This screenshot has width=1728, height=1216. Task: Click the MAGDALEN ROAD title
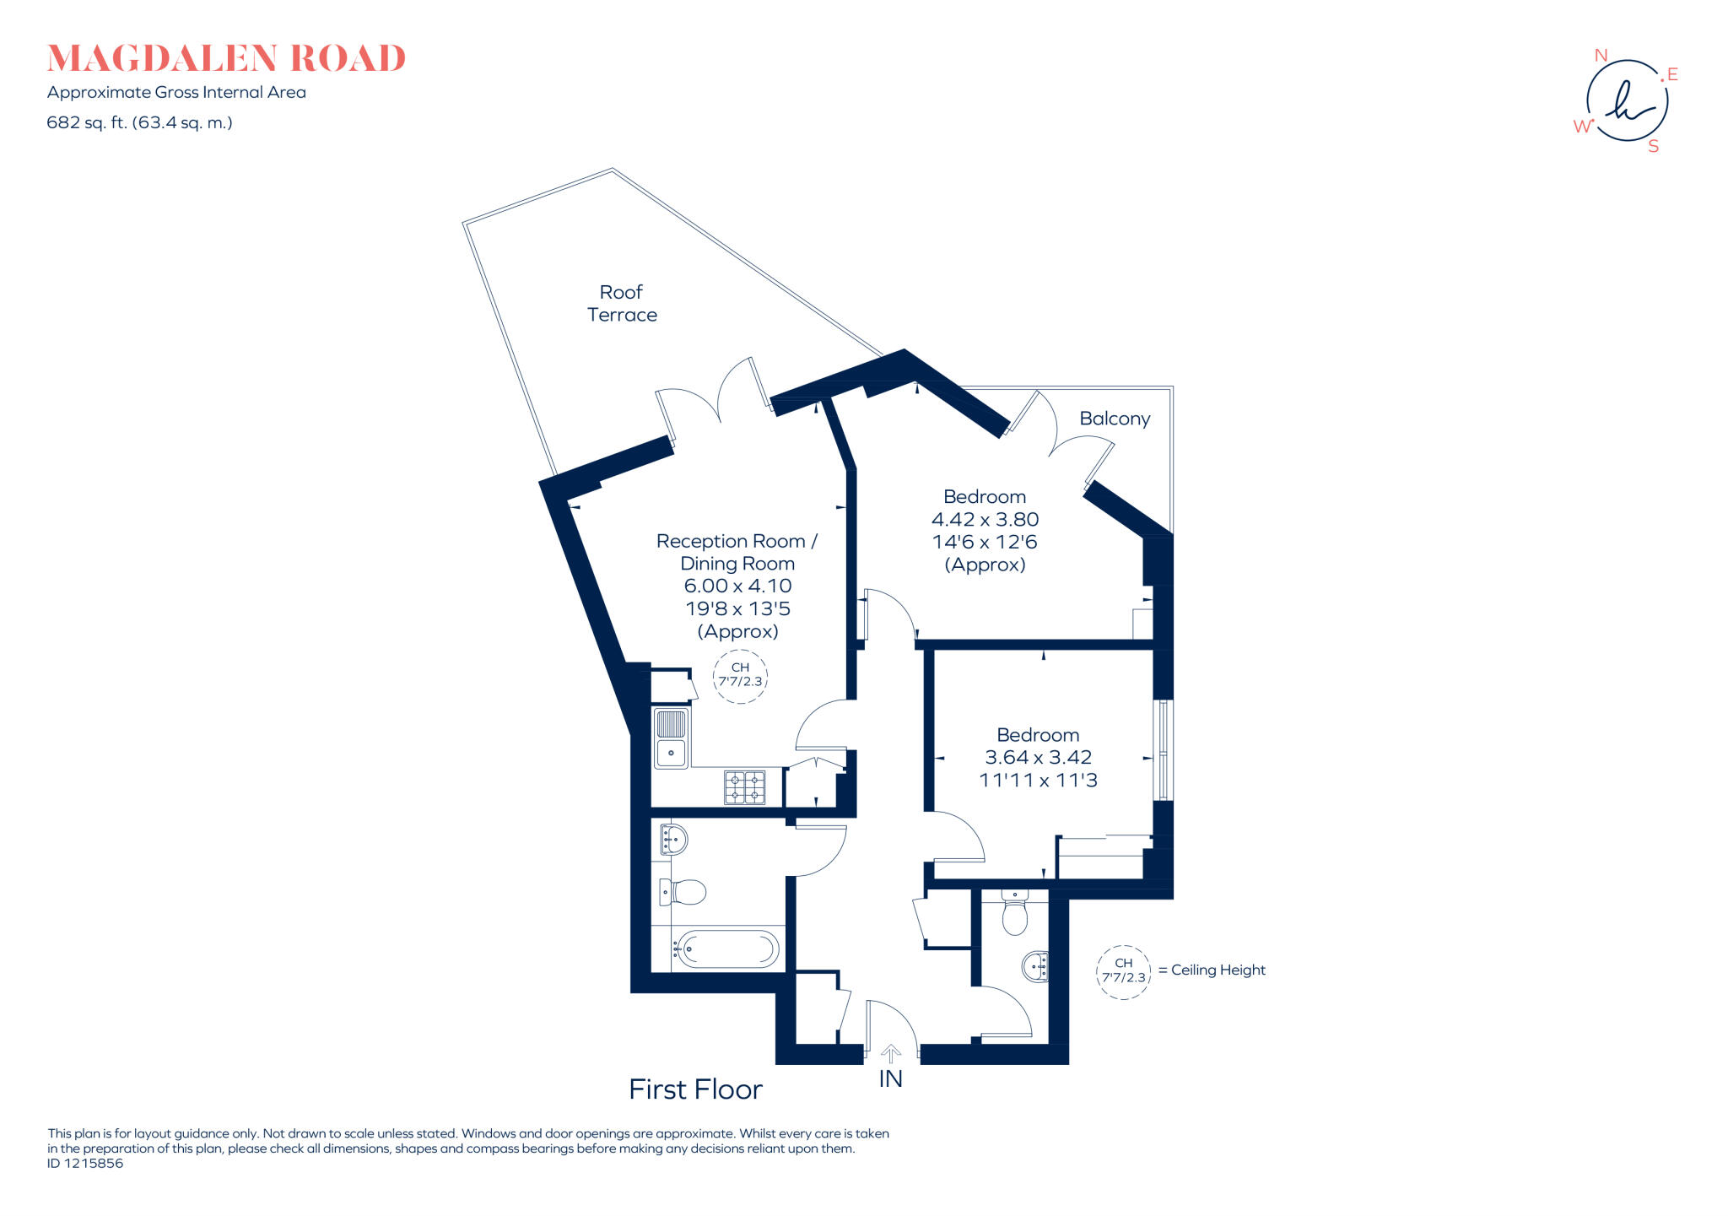pos(226,59)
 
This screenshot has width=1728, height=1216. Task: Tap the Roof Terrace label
pos(622,304)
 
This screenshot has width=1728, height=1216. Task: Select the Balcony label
pos(1115,419)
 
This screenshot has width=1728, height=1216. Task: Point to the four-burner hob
pos(744,787)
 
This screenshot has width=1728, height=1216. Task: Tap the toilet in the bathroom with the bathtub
pos(685,891)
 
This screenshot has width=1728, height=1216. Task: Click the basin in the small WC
pos(1036,966)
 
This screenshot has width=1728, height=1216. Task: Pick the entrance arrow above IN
pos(891,1053)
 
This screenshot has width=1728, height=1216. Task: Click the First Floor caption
pos(695,1089)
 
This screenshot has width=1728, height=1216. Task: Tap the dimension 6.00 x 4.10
pos(737,586)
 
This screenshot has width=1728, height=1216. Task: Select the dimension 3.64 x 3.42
pos(1038,758)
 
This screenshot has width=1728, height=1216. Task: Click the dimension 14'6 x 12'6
pos(985,542)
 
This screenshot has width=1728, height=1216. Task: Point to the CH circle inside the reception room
pos(740,675)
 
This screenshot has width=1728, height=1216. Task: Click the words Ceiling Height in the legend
pos(1218,970)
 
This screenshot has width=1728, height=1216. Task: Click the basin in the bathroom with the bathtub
pos(673,839)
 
